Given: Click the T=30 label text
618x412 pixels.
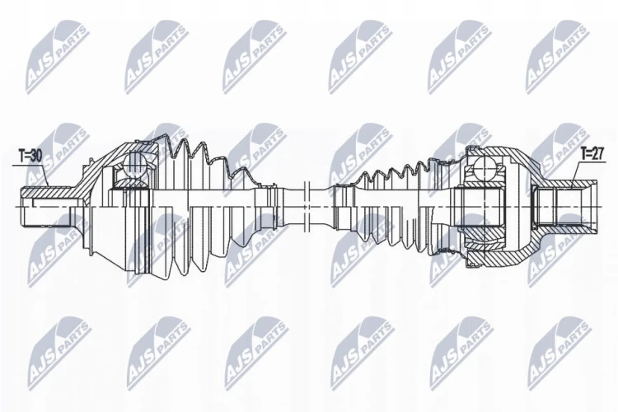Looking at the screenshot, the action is pos(30,156).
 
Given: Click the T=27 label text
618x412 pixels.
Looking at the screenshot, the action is pos(592,154).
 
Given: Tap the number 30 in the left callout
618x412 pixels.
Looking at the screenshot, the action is pos(35,156).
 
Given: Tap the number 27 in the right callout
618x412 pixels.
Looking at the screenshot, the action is pos(597,154).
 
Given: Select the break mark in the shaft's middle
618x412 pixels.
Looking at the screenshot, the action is pos(307,206).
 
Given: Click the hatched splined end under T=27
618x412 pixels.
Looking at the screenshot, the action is pos(564,184).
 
